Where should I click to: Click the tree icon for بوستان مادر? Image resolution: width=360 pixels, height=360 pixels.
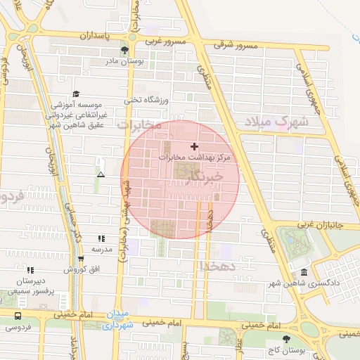tap(124, 50)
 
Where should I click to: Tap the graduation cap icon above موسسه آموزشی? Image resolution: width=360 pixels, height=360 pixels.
tap(76, 94)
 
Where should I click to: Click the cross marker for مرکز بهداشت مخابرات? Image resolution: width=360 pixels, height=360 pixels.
tap(194, 146)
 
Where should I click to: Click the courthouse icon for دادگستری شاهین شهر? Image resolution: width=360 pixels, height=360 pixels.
tap(304, 273)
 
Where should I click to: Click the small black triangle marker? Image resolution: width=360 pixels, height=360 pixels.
tap(101, 174)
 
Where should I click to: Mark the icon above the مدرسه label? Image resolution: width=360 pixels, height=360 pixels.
tap(101, 239)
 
